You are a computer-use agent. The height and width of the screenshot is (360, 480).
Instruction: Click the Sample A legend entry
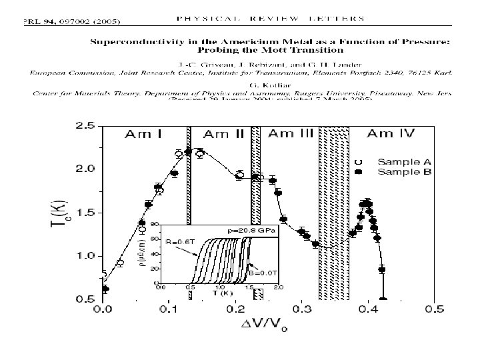405,161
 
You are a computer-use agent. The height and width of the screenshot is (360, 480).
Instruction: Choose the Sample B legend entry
405,172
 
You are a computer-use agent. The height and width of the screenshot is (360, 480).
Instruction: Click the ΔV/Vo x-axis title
269,327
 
